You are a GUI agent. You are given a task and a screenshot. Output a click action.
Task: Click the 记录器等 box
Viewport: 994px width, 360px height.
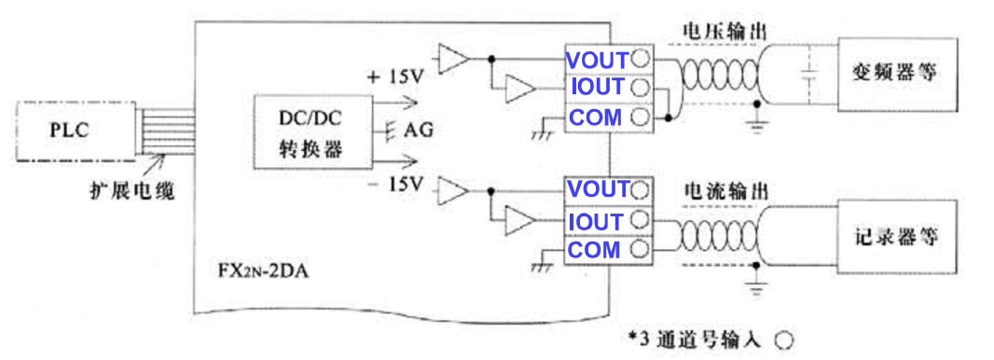tap(896, 237)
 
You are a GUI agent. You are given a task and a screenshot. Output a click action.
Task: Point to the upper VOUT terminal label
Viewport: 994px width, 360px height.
tap(597, 58)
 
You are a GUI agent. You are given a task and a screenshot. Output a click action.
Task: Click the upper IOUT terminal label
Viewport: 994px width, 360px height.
tap(597, 88)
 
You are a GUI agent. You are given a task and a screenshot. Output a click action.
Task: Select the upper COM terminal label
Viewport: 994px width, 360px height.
tap(595, 118)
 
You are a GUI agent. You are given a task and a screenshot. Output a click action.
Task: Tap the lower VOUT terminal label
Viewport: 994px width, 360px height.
tap(597, 190)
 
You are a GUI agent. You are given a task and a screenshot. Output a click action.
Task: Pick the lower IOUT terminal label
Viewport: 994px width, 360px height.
tap(595, 222)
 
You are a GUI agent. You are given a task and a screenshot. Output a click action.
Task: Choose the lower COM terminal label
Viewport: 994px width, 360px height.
tap(594, 251)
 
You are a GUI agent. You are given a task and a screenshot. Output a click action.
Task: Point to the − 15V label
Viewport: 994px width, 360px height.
tap(397, 185)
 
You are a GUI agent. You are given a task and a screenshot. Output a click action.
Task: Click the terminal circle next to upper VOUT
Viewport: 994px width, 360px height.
tap(640, 58)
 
